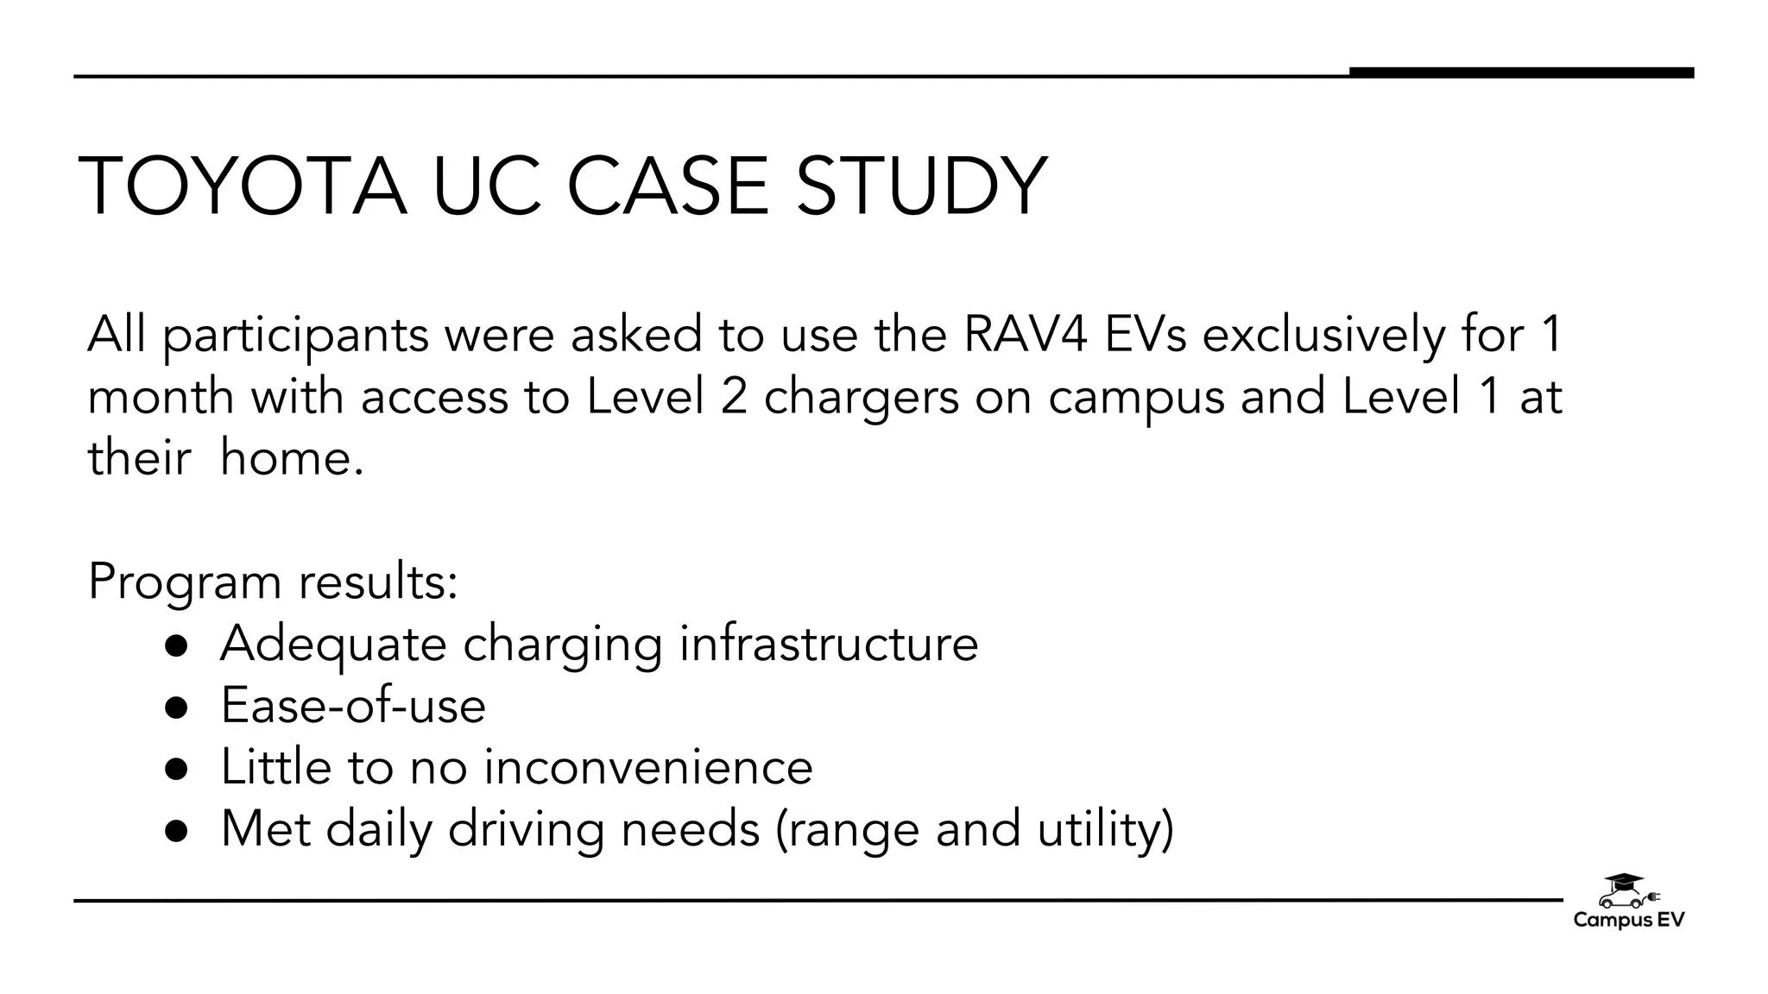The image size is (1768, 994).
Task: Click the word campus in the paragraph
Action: click(x=1136, y=397)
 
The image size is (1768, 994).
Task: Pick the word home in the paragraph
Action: click(x=291, y=457)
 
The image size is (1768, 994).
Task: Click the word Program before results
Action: click(x=186, y=582)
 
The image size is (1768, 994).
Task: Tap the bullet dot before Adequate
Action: click(x=176, y=645)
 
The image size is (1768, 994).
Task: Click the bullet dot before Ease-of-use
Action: click(x=176, y=708)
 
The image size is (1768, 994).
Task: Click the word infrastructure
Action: click(x=829, y=644)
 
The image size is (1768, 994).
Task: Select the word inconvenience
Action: click(x=647, y=767)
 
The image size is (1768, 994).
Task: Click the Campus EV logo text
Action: click(x=1628, y=921)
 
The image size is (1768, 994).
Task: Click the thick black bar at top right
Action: click(x=1521, y=72)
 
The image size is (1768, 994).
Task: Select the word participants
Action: click(x=295, y=337)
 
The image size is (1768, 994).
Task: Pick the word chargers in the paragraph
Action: click(x=861, y=397)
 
